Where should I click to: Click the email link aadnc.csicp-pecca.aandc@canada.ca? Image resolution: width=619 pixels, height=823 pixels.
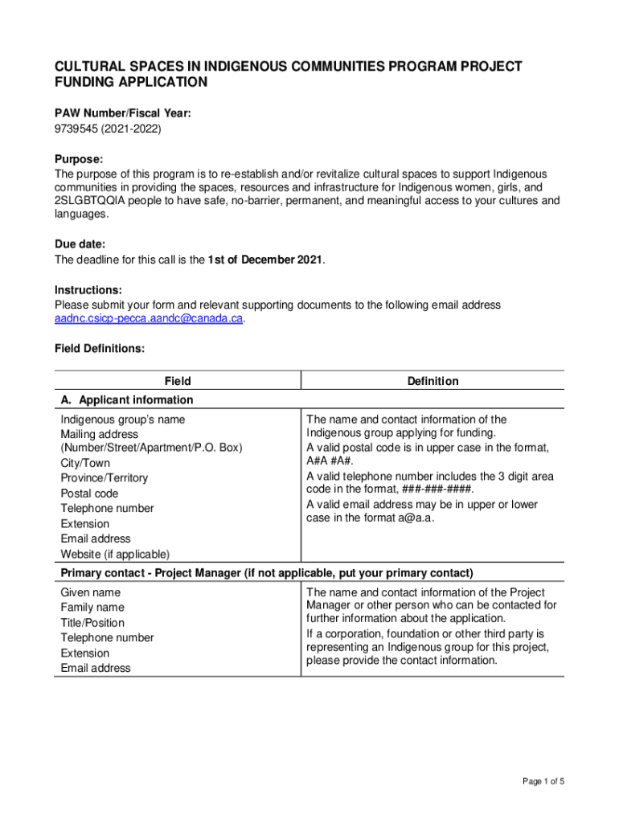[x=148, y=319]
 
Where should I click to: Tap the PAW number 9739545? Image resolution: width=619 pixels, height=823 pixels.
[x=76, y=128]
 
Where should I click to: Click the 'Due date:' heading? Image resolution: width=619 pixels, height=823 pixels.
[x=80, y=244]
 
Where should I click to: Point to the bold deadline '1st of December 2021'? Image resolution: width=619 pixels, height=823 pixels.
[x=265, y=260]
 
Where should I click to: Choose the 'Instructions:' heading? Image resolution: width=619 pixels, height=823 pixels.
[x=88, y=289]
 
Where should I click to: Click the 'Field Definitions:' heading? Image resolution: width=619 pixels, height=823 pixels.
[x=99, y=349]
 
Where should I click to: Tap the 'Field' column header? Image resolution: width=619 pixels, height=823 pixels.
[x=177, y=381]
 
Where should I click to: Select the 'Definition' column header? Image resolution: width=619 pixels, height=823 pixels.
[x=432, y=381]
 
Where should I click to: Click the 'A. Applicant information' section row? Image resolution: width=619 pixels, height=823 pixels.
[x=127, y=399]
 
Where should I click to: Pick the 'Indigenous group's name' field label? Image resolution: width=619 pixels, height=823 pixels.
[x=122, y=420]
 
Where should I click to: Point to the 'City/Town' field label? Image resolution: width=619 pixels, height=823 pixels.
[x=85, y=463]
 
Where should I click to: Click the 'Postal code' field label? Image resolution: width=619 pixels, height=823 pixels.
[x=89, y=493]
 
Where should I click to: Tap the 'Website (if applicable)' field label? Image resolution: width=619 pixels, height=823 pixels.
[x=115, y=554]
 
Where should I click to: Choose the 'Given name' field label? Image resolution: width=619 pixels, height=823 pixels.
[x=90, y=592]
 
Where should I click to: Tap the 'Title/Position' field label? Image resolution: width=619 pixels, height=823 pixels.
[x=92, y=623]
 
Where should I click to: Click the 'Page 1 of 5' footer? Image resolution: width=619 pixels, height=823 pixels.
[x=543, y=782]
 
